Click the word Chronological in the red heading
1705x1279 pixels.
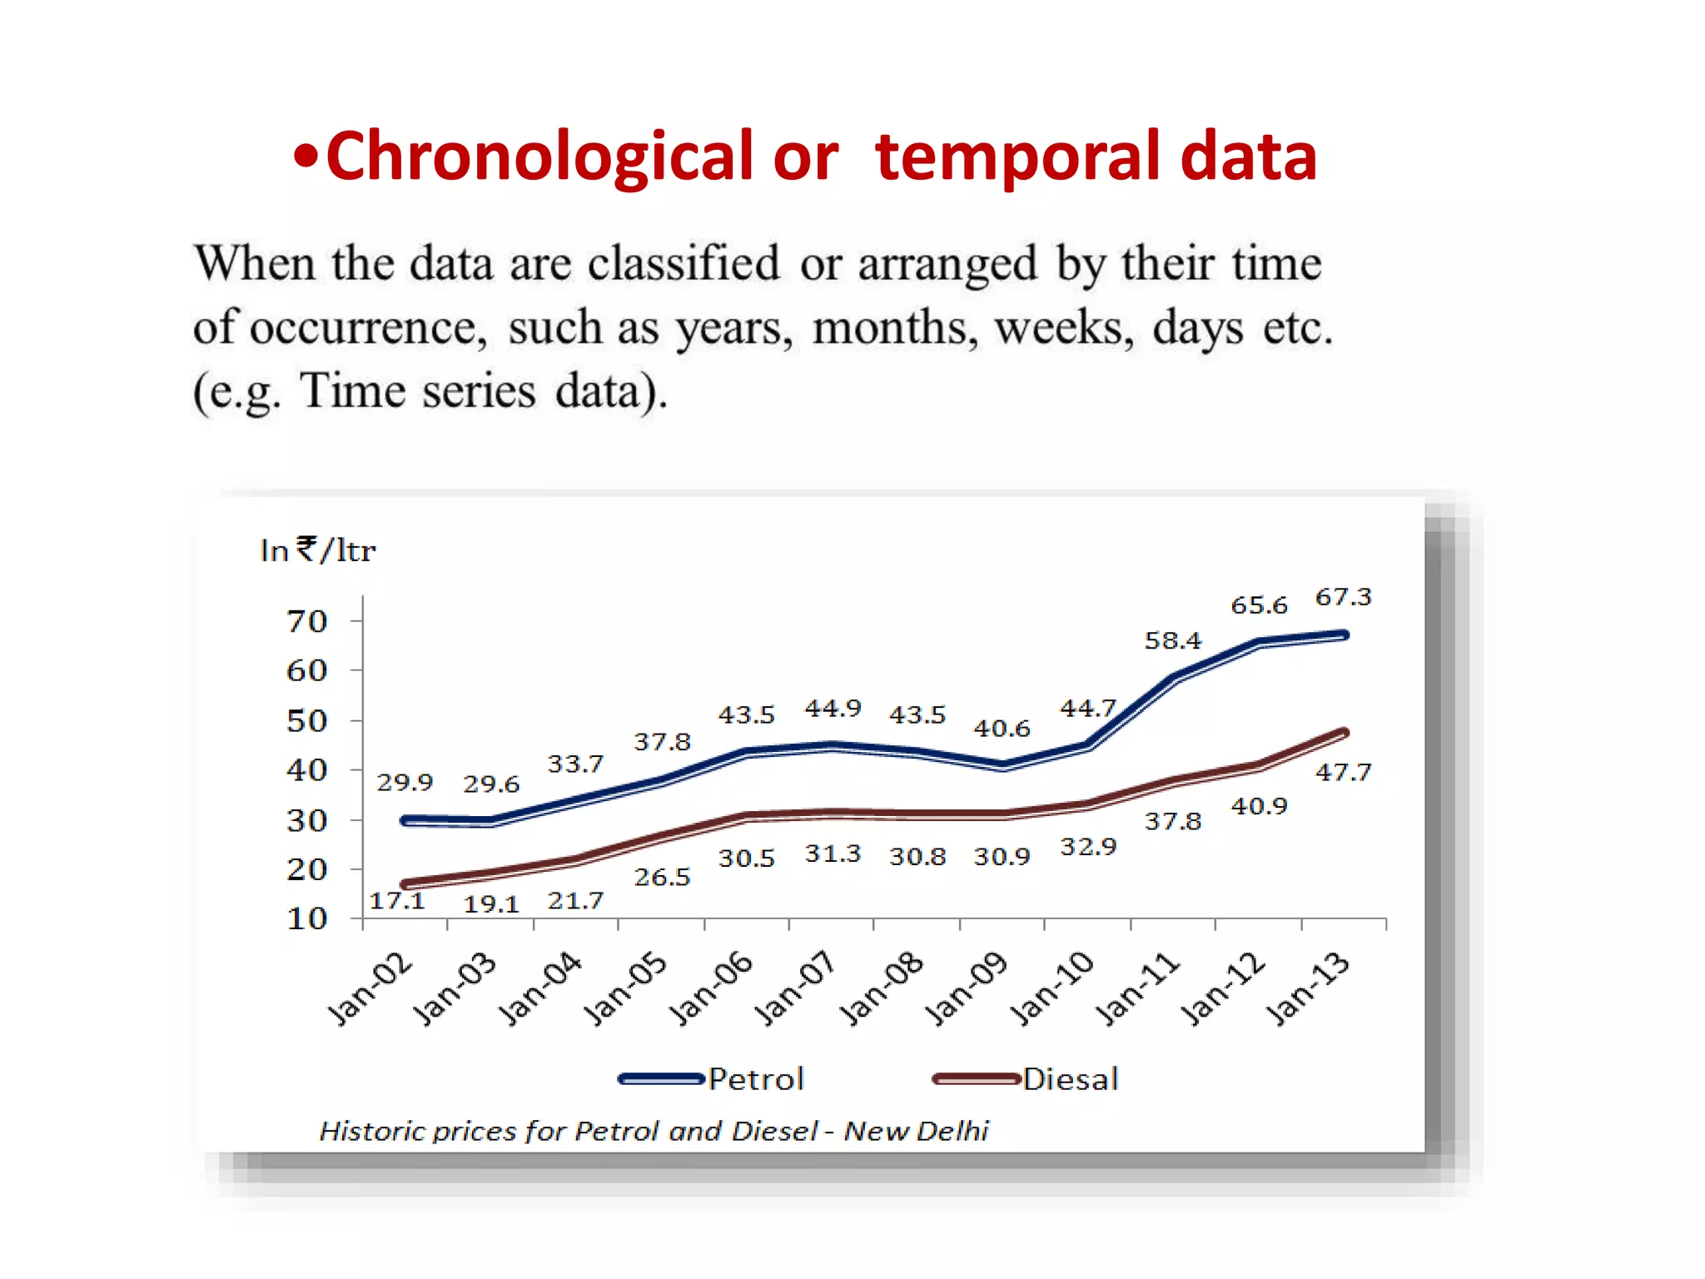[x=539, y=157]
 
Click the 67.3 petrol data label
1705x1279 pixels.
[x=1343, y=597]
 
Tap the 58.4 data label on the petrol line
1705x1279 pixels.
[x=1172, y=640]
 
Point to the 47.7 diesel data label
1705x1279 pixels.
[x=1343, y=772]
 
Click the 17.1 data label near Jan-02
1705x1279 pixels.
[x=397, y=900]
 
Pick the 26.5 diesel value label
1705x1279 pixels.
[x=662, y=877]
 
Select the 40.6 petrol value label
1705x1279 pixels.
[x=1002, y=729]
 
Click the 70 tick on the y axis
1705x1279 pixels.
[x=306, y=621]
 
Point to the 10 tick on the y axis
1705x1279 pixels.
[x=306, y=918]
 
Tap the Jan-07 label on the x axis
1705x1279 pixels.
[x=795, y=988]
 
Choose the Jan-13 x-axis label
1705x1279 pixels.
[x=1307, y=988]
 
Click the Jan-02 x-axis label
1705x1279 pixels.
[x=370, y=988]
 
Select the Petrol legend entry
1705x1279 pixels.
[x=755, y=1079]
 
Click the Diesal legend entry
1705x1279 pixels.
[x=1070, y=1079]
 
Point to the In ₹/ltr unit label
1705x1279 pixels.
[x=318, y=550]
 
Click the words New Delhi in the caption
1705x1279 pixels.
[x=916, y=1131]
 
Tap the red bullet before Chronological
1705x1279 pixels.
[x=306, y=157]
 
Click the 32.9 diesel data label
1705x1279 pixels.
[x=1087, y=847]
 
